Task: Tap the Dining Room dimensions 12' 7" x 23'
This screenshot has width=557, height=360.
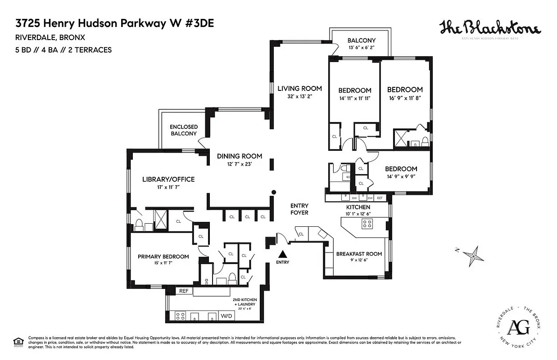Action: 239,164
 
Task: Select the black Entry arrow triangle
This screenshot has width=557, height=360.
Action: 283,254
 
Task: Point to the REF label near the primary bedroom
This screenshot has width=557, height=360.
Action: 183,291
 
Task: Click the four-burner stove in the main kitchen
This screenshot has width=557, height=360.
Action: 367,224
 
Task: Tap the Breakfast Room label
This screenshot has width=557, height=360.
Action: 359,254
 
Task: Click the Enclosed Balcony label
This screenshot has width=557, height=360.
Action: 183,130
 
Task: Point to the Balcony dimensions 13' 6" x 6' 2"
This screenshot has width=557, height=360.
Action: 361,47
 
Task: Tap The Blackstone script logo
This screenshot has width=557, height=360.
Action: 490,28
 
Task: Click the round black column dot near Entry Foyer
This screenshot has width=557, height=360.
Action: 273,193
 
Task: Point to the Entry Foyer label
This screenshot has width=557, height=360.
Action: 299,209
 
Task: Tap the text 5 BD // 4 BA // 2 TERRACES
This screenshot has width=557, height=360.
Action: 63,50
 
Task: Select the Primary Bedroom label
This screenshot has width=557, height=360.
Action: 163,256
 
